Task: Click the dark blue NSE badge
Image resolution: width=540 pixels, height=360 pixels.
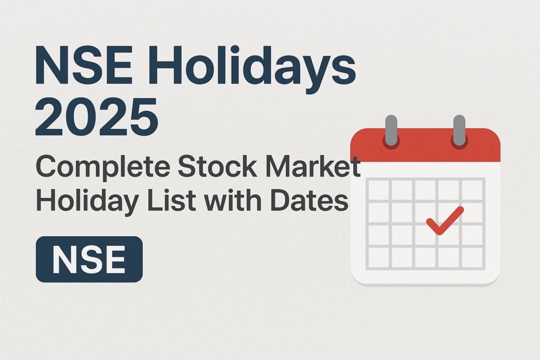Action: pos(89,259)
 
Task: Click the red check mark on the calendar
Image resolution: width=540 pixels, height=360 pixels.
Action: pos(445,220)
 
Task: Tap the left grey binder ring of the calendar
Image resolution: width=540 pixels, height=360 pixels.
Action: pos(391,129)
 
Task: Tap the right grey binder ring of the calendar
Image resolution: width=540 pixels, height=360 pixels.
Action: pos(459,129)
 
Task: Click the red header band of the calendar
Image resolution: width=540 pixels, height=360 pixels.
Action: pos(425,148)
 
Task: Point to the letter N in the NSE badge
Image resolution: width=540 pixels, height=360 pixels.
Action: pos(63,260)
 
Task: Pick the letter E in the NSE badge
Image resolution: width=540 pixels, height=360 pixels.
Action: pos(114,260)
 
